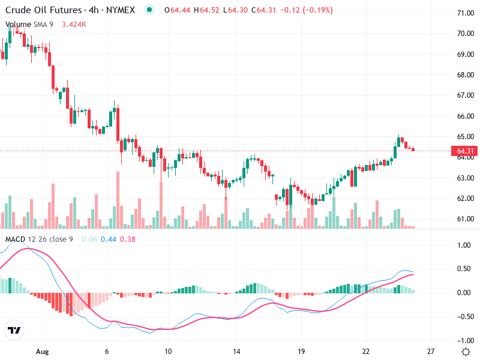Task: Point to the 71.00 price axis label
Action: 466,13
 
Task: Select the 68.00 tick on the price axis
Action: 466,75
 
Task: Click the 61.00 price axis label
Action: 466,219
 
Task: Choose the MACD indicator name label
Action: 15,239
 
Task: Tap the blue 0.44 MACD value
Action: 109,239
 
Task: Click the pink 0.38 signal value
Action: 127,239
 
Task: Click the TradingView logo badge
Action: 14,330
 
